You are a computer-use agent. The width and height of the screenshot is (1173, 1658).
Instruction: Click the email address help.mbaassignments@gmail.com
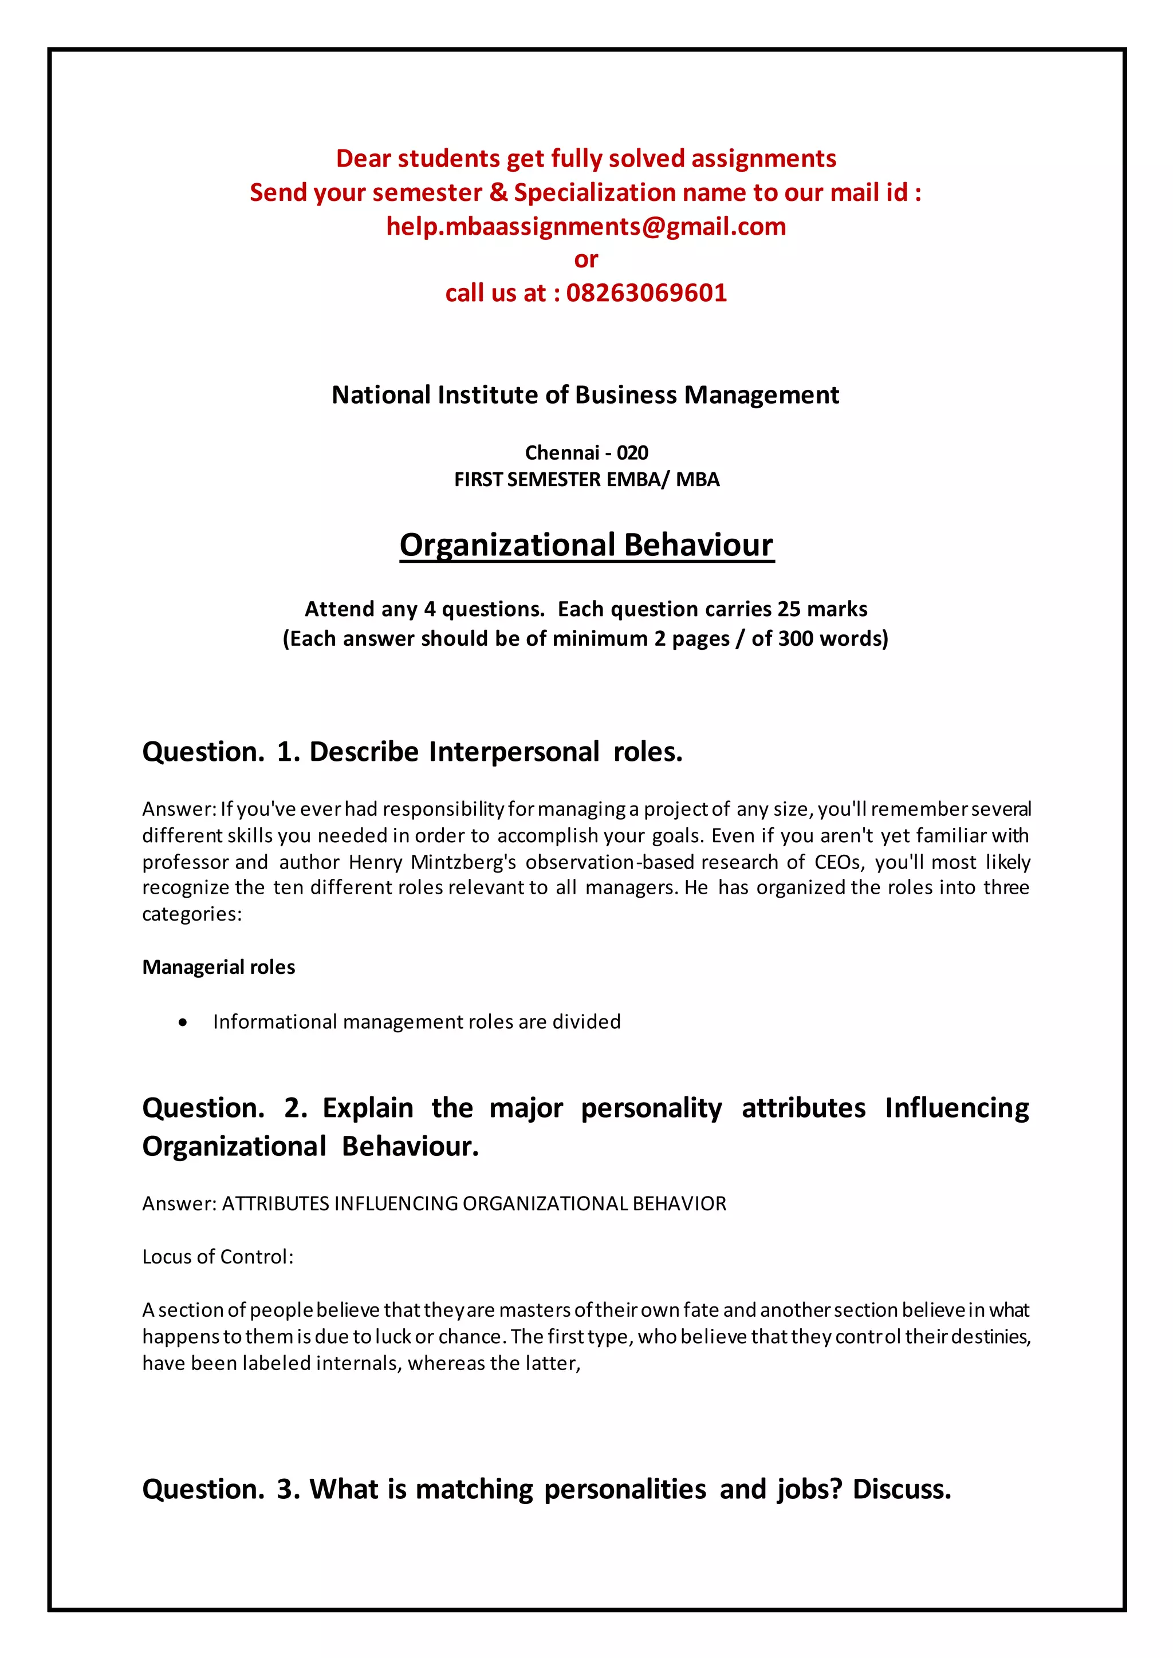pyautogui.click(x=586, y=226)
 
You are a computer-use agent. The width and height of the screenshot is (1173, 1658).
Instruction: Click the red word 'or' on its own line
pyautogui.click(x=586, y=259)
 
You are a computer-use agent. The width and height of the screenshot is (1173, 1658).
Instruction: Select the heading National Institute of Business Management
pyautogui.click(x=585, y=395)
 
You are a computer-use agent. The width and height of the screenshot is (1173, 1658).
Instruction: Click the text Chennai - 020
pyautogui.click(x=586, y=453)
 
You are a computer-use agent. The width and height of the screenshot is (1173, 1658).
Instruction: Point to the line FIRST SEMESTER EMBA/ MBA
pyautogui.click(x=586, y=480)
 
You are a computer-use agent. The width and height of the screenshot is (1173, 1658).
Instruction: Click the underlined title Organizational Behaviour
pyautogui.click(x=586, y=545)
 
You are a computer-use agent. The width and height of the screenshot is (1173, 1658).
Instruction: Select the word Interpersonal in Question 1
pyautogui.click(x=514, y=752)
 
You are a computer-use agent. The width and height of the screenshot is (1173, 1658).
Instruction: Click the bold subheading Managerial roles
pyautogui.click(x=218, y=967)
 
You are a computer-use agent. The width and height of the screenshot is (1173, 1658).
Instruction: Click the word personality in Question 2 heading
pyautogui.click(x=651, y=1108)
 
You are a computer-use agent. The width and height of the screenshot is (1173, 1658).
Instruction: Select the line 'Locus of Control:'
pyautogui.click(x=218, y=1257)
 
